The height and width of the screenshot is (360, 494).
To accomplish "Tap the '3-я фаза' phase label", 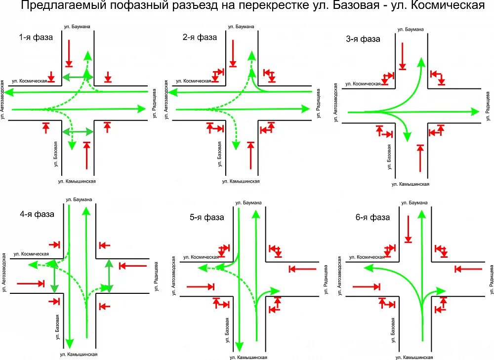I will [x=363, y=39].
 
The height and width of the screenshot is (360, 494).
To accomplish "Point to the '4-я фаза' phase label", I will [x=37, y=214].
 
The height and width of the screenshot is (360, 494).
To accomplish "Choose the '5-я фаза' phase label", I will [x=207, y=217].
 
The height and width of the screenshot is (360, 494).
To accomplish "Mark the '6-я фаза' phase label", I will [x=373, y=217].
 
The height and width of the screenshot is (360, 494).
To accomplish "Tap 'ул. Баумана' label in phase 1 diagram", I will [x=78, y=26].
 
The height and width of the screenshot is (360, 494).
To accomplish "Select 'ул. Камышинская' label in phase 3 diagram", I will [x=410, y=184].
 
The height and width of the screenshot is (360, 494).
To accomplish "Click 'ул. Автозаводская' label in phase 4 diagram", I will [x=4, y=272].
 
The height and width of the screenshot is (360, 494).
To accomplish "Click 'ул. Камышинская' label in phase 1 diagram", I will [x=77, y=181].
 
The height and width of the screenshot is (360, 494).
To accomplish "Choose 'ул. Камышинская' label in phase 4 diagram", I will [x=79, y=354].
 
